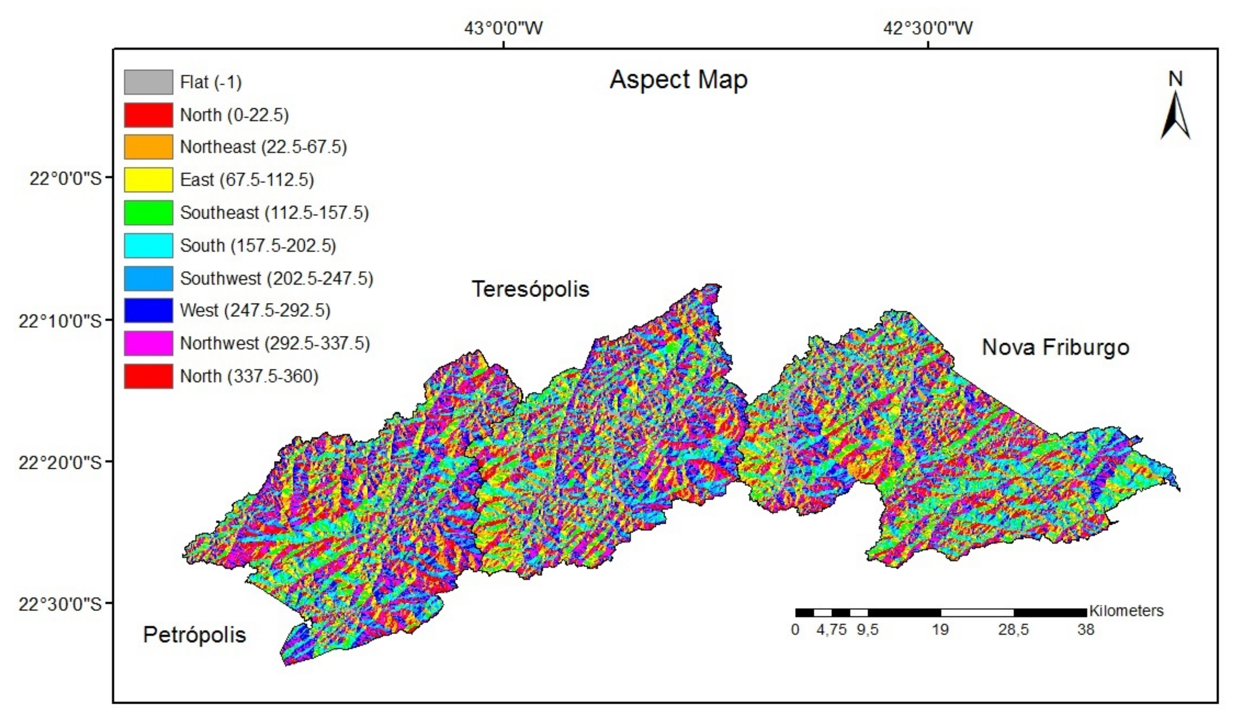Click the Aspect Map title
click(678, 80)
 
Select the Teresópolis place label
click(530, 289)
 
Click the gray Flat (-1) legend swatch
click(148, 82)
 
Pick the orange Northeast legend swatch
click(148, 147)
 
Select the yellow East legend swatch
click(148, 180)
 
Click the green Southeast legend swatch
click(148, 213)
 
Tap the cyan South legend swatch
click(148, 245)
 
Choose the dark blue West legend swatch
click(148, 310)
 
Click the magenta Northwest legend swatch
click(148, 343)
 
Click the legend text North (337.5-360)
click(249, 376)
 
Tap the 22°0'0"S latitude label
click(65, 178)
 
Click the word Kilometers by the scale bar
click(1126, 611)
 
